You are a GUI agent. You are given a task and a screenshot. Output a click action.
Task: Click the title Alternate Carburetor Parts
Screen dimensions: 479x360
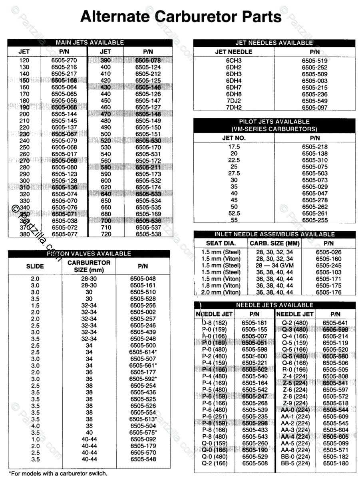(x=181, y=17)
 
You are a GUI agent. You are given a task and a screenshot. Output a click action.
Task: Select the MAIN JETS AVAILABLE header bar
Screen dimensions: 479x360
(x=90, y=42)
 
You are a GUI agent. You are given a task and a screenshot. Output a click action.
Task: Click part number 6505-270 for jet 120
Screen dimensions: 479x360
(x=64, y=61)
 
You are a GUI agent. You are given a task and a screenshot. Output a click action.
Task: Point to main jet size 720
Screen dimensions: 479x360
(x=105, y=234)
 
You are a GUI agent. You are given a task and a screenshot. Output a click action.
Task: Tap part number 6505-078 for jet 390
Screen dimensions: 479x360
(x=148, y=61)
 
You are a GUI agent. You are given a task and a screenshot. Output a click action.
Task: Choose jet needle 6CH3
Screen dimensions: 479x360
(x=234, y=61)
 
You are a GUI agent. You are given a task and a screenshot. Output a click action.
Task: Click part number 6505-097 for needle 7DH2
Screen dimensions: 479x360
(x=314, y=108)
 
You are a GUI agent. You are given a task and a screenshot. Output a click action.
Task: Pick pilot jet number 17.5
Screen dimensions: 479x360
(x=234, y=147)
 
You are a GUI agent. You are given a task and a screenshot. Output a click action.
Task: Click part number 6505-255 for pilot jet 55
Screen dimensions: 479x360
(x=314, y=220)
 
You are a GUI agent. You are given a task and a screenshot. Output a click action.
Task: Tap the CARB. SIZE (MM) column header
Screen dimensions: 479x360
(x=274, y=243)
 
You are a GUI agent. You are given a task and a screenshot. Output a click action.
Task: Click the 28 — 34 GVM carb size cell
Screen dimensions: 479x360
(x=274, y=265)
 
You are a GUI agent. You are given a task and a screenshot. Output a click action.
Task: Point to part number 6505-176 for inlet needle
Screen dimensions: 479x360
(x=328, y=293)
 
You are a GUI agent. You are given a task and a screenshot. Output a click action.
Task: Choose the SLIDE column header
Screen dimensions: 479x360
(x=35, y=266)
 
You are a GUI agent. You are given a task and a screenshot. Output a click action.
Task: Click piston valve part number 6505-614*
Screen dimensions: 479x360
(x=143, y=352)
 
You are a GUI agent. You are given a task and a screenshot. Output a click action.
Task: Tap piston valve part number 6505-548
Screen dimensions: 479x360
(x=143, y=459)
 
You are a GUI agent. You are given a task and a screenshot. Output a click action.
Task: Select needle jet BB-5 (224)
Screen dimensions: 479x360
(x=295, y=463)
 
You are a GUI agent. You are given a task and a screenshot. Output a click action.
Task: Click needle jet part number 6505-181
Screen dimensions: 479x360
(x=255, y=323)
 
